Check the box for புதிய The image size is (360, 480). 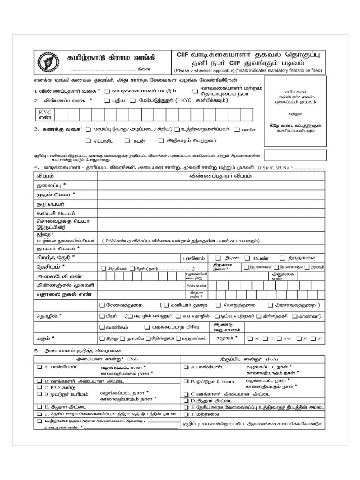[x=107, y=100]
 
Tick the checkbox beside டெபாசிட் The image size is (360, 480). [x=88, y=140]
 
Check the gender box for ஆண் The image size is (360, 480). [x=218, y=258]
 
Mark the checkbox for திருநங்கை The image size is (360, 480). [x=283, y=258]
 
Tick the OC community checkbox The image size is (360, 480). [x=250, y=338]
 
